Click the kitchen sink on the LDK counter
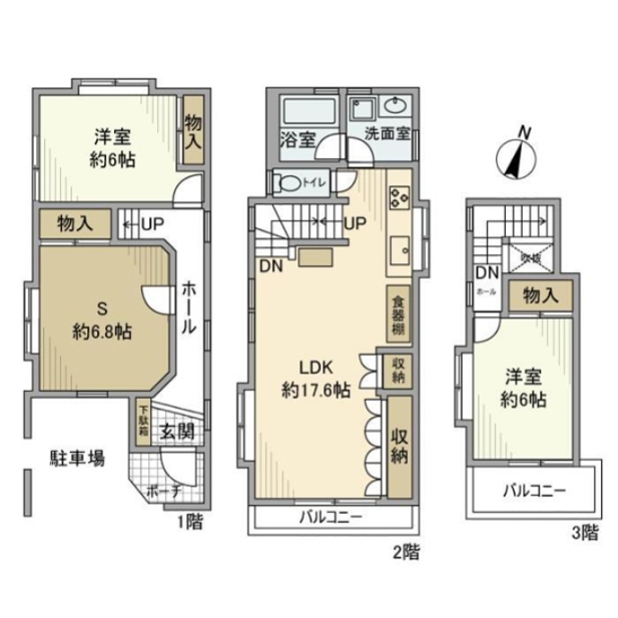coord(398,247)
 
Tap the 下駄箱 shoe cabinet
coord(143,422)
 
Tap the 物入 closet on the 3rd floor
coord(539,296)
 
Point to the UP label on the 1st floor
coord(144,223)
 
